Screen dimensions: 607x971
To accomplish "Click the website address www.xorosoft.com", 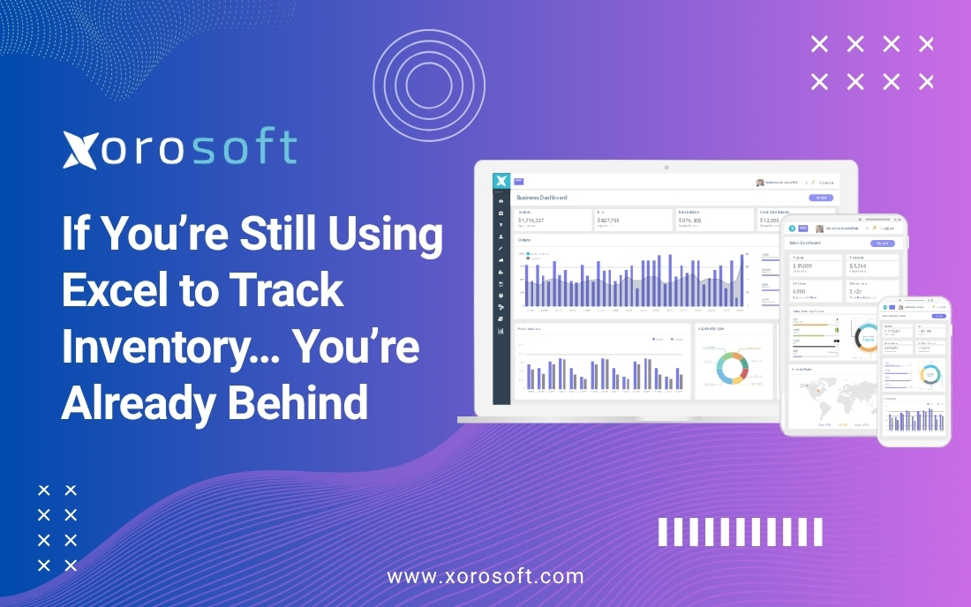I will (485, 577).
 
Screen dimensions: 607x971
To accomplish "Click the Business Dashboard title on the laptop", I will (542, 198).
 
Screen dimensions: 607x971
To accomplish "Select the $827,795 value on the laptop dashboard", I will (614, 220).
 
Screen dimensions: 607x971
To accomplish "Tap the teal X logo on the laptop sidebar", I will (502, 181).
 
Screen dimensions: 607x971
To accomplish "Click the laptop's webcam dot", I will (666, 166).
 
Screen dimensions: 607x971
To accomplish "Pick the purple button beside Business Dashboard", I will (821, 198).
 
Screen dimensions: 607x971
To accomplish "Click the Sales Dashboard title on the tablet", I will (806, 243).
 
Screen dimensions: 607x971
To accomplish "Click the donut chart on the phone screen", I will (930, 373).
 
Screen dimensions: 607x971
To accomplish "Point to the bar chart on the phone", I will (915, 419).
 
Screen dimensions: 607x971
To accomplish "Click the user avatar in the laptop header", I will (760, 183).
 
